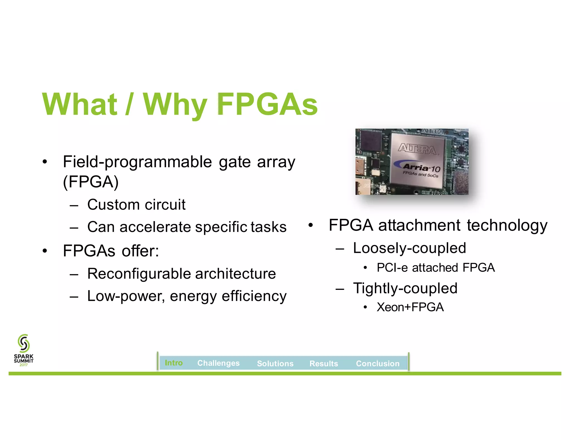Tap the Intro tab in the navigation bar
(x=174, y=363)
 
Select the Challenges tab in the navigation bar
(x=218, y=363)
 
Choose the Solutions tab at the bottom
(x=275, y=363)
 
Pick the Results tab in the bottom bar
(x=324, y=363)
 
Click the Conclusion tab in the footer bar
(x=378, y=363)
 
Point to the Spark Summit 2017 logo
(x=24, y=350)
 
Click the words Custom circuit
(x=136, y=205)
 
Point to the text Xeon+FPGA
(x=410, y=307)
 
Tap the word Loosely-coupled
(x=409, y=248)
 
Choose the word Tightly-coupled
(x=405, y=288)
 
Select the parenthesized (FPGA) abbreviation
(x=91, y=182)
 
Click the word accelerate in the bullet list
(x=156, y=227)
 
